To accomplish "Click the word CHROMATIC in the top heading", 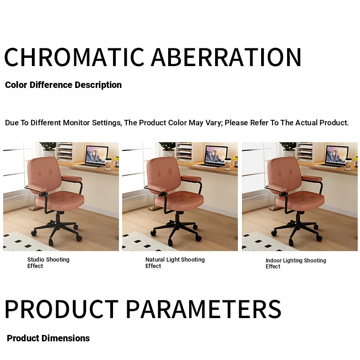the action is pyautogui.click(x=74, y=57).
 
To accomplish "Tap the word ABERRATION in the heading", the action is pyautogui.click(x=226, y=57).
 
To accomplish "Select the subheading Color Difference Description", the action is pyautogui.click(x=63, y=85).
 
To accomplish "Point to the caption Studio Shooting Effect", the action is pyautogui.click(x=48, y=262).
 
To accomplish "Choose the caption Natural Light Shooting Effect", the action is pyautogui.click(x=175, y=262).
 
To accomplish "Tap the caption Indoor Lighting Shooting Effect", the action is pyautogui.click(x=296, y=263).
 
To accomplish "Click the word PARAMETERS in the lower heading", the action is pyautogui.click(x=203, y=309).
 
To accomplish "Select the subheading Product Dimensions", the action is pyautogui.click(x=48, y=338).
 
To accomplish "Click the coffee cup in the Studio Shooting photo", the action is pyautogui.click(x=108, y=164).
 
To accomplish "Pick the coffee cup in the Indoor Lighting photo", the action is pyautogui.click(x=348, y=164).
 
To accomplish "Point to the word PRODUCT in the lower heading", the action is pyautogui.click(x=62, y=309).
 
